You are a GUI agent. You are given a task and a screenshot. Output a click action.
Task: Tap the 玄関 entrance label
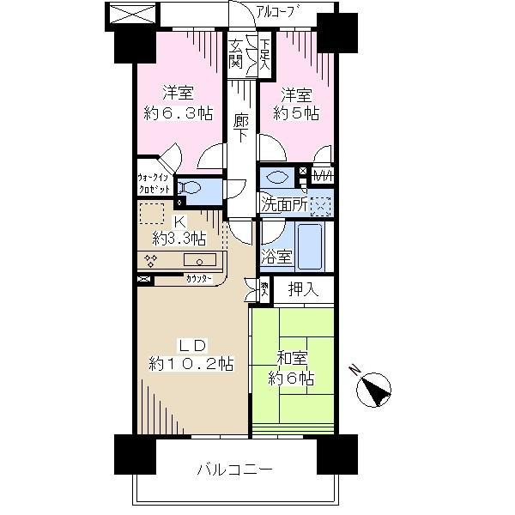[234, 53]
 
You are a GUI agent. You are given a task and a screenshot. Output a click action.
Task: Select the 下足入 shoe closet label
[265, 54]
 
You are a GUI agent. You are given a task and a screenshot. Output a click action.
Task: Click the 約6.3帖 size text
[178, 112]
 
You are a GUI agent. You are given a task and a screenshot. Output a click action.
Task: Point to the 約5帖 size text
[296, 112]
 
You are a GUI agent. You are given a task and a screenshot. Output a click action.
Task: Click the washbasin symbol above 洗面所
[278, 178]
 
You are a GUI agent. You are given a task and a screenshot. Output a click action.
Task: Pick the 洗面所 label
[284, 206]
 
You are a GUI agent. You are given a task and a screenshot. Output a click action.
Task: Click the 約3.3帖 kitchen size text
[179, 238]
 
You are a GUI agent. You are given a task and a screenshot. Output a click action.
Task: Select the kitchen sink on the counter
[204, 260]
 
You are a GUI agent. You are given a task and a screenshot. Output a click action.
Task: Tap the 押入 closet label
[304, 290]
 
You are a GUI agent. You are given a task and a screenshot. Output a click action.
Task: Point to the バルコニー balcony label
[234, 470]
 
